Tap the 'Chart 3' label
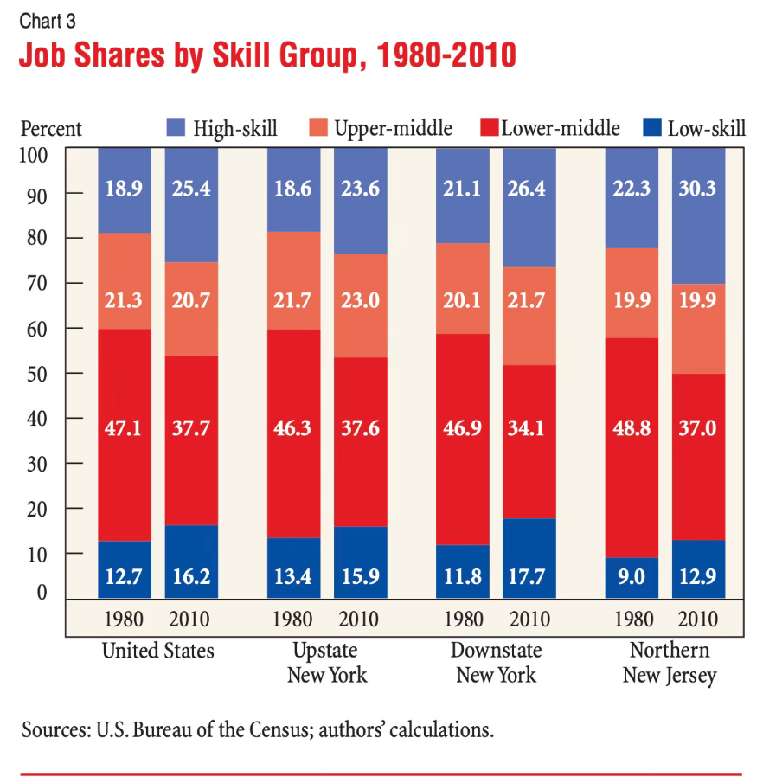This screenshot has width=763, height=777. pyautogui.click(x=48, y=21)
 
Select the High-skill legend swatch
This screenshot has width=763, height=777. pyautogui.click(x=176, y=128)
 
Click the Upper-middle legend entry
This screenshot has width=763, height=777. pyautogui.click(x=380, y=129)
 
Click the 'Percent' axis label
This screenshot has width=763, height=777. pyautogui.click(x=51, y=129)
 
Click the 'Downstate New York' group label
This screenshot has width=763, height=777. pyautogui.click(x=497, y=662)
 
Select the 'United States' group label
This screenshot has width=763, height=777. pyautogui.click(x=157, y=651)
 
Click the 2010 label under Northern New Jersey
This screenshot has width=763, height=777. pyautogui.click(x=698, y=620)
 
